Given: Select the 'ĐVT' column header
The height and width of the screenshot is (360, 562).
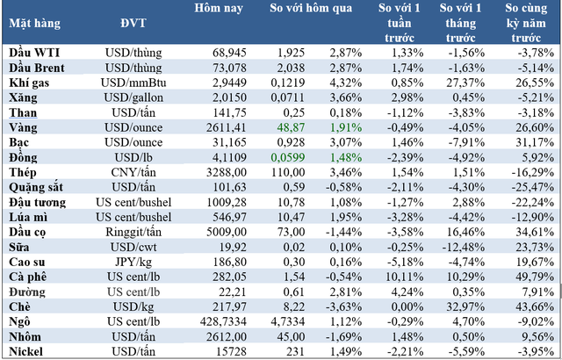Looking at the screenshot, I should click(x=127, y=24).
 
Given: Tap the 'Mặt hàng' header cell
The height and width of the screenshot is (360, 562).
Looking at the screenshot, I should click(x=33, y=24).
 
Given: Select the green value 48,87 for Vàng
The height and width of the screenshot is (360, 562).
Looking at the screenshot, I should click(x=288, y=127).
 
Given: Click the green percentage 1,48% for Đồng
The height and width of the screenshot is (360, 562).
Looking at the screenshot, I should click(x=345, y=157).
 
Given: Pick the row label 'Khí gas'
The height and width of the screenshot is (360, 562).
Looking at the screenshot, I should click(x=29, y=83).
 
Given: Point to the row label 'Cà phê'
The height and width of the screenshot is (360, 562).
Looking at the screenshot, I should click(x=28, y=276).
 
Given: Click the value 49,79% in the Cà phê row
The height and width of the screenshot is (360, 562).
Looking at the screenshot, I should click(x=531, y=276).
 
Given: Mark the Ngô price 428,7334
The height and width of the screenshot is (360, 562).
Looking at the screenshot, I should click(x=219, y=320).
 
